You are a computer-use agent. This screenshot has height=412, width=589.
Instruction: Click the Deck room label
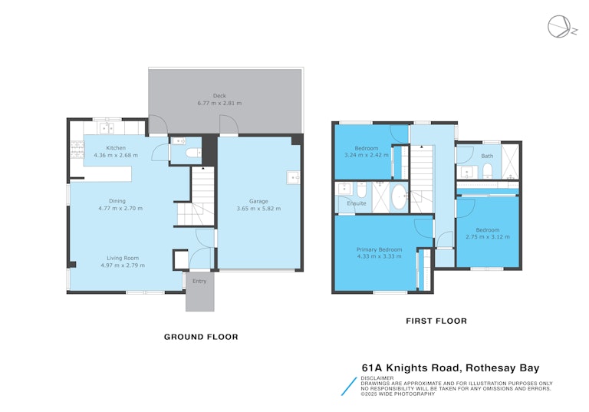tap(219, 96)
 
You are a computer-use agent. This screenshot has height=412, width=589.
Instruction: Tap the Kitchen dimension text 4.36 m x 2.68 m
tap(116, 155)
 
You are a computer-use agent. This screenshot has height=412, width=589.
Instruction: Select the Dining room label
tap(117, 201)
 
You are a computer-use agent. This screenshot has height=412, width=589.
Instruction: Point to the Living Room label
tap(123, 258)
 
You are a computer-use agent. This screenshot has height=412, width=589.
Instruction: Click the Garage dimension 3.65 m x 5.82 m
tap(258, 208)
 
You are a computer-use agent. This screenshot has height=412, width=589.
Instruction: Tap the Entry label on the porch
tap(199, 281)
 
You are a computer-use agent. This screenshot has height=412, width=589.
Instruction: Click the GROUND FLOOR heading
tap(201, 337)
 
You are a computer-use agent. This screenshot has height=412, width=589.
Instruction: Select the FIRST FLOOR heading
tap(436, 321)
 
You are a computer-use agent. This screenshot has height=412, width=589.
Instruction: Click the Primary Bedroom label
tap(379, 249)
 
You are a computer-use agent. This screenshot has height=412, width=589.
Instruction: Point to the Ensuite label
tap(357, 203)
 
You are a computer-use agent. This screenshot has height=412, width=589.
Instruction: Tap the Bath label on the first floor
tap(487, 156)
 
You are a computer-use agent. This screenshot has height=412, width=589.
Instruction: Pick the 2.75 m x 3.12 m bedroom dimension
tap(488, 237)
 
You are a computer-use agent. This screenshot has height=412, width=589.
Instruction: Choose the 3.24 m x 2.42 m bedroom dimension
tap(367, 155)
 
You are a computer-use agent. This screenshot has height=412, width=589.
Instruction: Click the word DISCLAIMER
tap(377, 378)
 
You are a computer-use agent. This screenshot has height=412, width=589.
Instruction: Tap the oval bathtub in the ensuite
tap(399, 197)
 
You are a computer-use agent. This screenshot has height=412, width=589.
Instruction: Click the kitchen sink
tap(106, 129)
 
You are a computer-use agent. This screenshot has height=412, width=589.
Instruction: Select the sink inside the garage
tap(293, 177)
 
